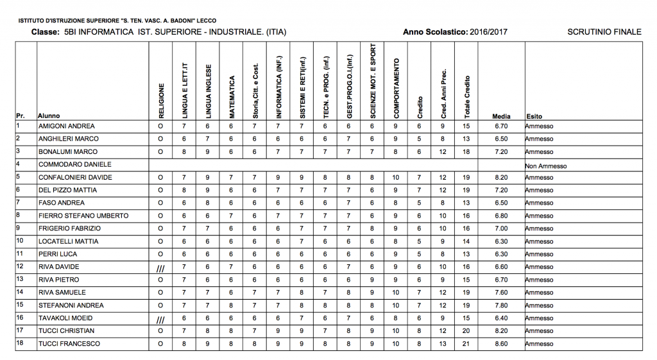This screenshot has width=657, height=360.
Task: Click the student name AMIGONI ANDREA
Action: point(66,126)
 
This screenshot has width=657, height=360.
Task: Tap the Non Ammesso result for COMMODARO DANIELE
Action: point(545,166)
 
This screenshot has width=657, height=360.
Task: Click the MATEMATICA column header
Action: point(232,97)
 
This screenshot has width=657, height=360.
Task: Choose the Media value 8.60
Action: point(501,344)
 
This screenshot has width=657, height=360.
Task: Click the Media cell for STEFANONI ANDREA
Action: point(501,305)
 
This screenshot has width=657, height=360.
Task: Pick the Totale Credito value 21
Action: point(466,344)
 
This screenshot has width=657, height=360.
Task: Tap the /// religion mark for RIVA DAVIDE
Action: point(160,268)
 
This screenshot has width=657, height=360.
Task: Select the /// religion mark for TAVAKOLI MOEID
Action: point(160,319)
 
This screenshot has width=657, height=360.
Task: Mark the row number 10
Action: point(20,241)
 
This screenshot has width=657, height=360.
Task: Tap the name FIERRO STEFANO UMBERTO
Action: point(83,216)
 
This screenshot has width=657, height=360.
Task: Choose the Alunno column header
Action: point(49,116)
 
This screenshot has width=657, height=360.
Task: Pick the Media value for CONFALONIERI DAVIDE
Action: point(501,178)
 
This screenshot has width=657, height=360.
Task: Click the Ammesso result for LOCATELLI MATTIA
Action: point(538,242)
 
